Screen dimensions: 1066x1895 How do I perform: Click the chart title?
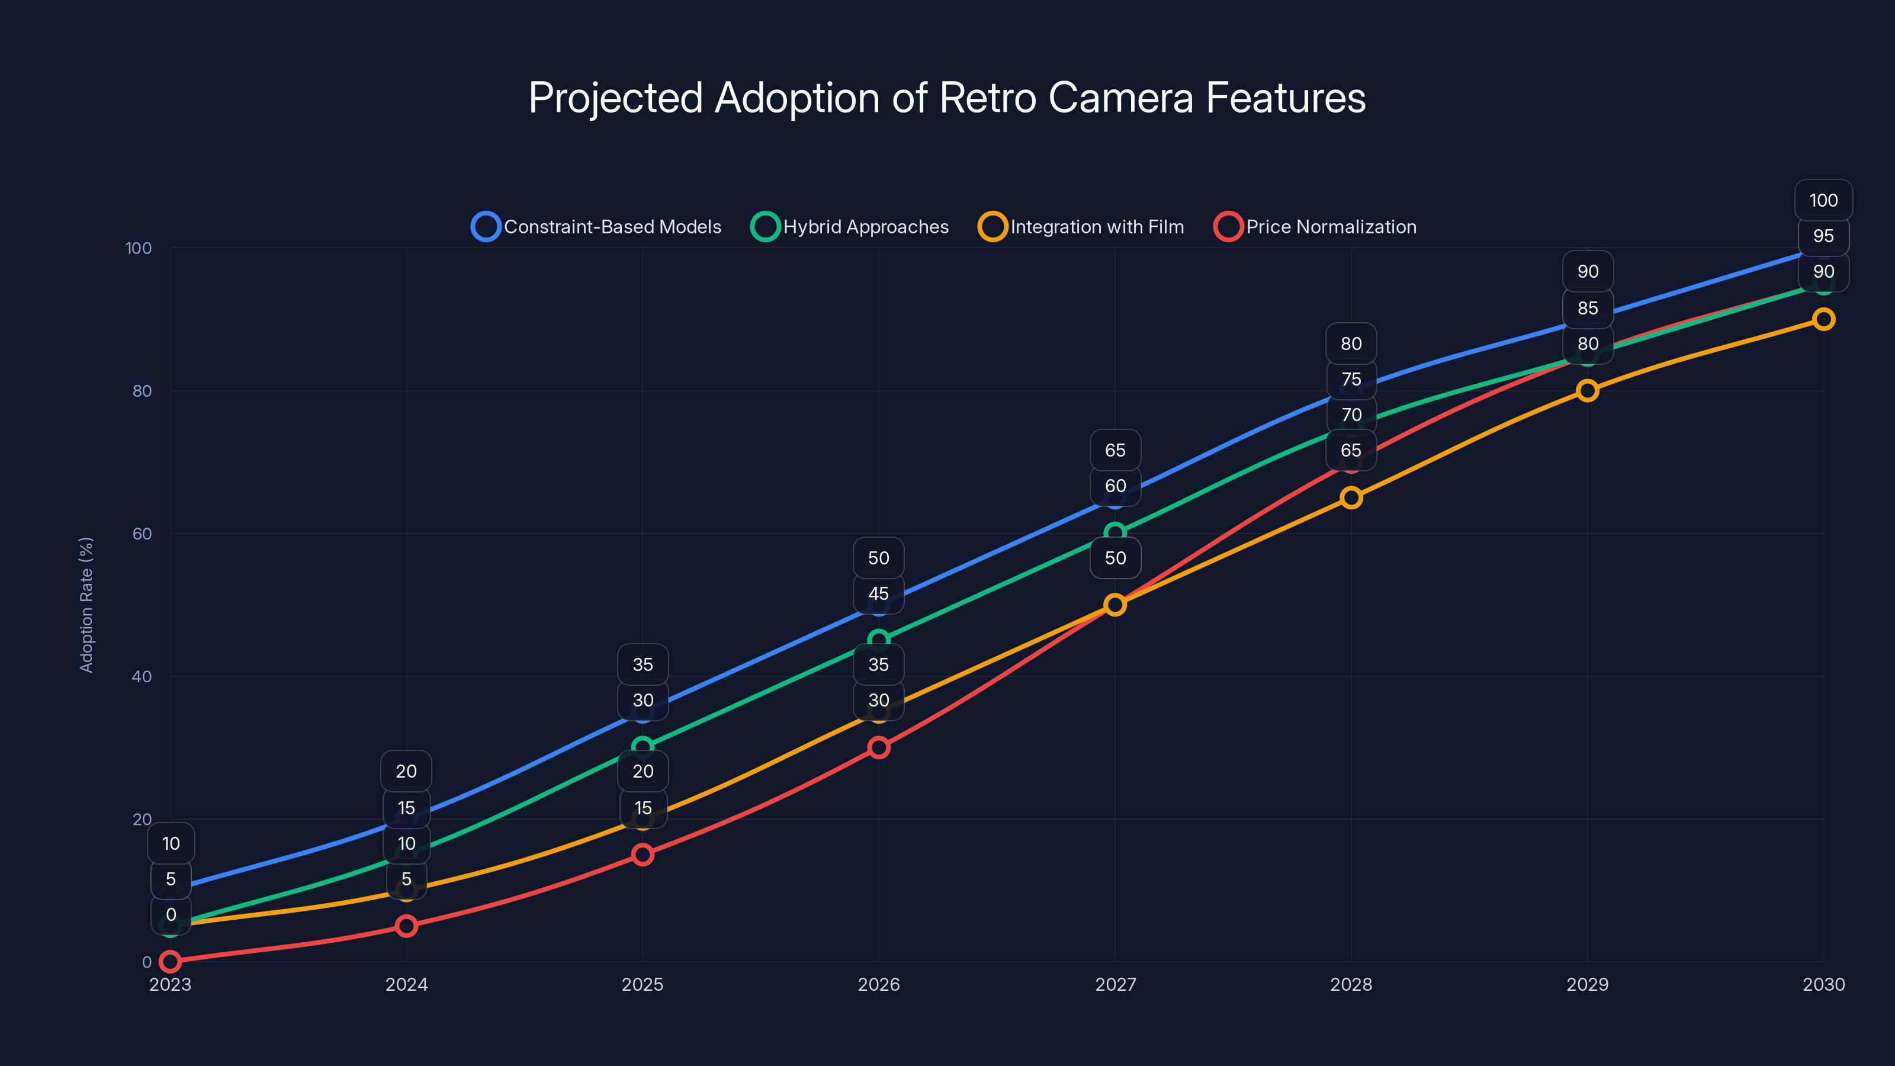pos(947,98)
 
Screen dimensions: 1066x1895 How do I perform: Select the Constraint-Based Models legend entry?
pos(596,227)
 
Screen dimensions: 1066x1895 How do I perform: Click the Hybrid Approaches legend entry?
pos(850,227)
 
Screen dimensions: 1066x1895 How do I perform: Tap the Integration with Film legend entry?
pos(1081,227)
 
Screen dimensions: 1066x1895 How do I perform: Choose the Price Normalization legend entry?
pos(1315,227)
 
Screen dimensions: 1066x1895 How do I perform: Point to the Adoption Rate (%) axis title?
pos(86,605)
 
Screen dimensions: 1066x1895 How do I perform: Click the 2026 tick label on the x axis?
pos(878,984)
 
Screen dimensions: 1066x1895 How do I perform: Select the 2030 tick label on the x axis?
pos(1823,984)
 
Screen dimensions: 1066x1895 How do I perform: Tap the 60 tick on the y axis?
pos(142,534)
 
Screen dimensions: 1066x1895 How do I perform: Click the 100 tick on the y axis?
pos(139,248)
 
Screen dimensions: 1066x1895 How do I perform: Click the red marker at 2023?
pos(170,961)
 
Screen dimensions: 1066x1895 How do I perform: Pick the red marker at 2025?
pos(642,854)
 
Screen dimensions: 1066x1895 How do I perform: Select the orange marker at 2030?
pos(1823,319)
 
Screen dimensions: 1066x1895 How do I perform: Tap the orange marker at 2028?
pos(1351,497)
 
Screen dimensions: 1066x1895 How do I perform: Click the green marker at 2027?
pos(1114,532)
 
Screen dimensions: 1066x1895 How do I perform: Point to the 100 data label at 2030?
pos(1823,200)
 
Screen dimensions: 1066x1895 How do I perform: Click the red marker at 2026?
pos(878,747)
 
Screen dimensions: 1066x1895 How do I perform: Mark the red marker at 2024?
pos(406,926)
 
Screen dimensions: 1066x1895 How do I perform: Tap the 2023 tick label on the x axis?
pos(170,984)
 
